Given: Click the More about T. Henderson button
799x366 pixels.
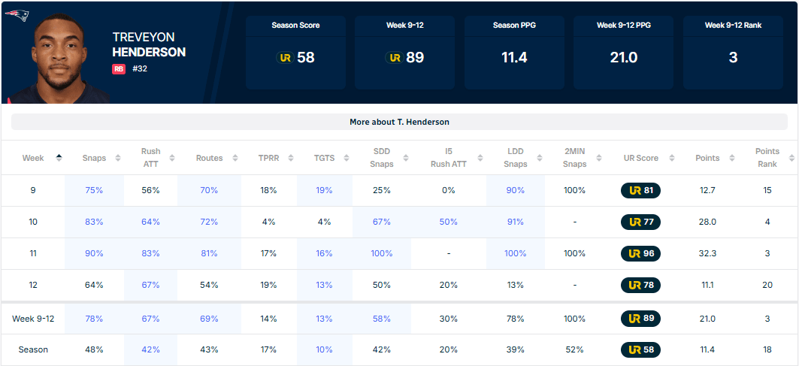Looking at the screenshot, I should pos(399,122).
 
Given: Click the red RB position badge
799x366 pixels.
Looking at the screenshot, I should pos(119,69).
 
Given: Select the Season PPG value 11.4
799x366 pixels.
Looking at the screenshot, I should pos(514,57).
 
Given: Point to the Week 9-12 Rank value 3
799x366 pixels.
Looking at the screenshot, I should pos(733,57).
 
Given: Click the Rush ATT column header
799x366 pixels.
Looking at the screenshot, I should pos(150,158).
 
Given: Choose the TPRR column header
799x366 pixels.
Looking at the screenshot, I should pos(268,158).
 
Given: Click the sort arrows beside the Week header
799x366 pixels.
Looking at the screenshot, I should pos(59,158).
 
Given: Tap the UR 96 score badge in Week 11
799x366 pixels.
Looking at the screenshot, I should pos(640,254).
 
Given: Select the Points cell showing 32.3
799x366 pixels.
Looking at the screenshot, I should pos(707,254).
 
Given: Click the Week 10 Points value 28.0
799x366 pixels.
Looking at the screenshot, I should pos(707,222).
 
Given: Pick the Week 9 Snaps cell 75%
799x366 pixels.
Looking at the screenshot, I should pos(94,191).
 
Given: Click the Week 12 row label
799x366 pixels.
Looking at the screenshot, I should pos(33,286).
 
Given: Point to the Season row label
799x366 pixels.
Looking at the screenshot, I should pos(33,350).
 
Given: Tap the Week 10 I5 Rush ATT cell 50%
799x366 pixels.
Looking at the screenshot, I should pos(449,222).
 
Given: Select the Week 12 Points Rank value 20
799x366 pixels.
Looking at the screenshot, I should pos(767,286).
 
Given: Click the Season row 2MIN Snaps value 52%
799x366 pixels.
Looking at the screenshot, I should pos(574,350).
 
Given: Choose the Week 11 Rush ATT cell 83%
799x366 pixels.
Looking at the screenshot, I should pos(150,254).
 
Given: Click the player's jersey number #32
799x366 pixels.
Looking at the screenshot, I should pos(139,69).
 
